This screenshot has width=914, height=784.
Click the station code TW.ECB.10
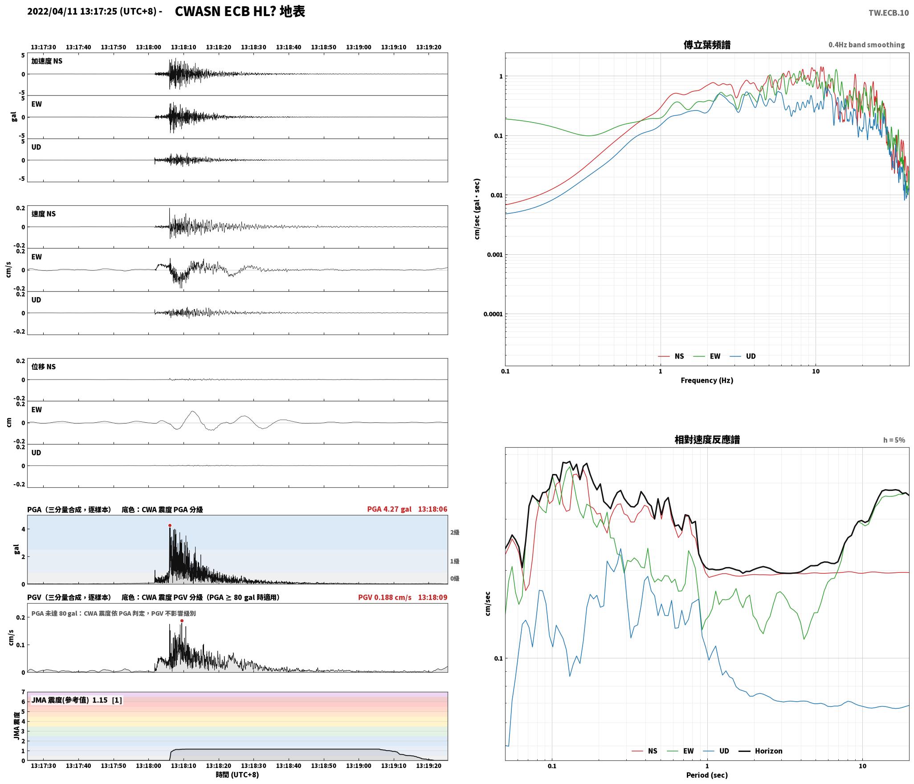(888, 12)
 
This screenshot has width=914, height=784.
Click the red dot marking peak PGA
(170, 526)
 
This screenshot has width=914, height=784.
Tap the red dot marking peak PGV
(182, 621)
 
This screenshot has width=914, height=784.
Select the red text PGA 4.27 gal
(389, 509)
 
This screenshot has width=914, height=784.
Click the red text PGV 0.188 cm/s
(385, 597)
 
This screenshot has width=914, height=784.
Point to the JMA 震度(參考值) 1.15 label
(69, 700)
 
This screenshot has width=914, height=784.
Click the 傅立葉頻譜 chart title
(707, 45)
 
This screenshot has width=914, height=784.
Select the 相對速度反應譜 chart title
(707, 440)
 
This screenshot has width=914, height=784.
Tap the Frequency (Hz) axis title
(707, 380)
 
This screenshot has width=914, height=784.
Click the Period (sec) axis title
(707, 775)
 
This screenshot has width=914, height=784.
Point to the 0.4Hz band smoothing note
(867, 45)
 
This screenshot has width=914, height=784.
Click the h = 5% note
(894, 440)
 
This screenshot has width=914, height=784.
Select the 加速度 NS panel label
(47, 61)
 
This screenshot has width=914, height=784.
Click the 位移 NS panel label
(44, 367)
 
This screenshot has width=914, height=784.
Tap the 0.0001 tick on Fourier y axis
(493, 314)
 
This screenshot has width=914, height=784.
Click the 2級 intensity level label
(455, 532)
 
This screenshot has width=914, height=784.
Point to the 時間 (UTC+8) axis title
(237, 775)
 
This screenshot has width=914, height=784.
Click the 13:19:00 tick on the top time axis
(359, 47)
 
